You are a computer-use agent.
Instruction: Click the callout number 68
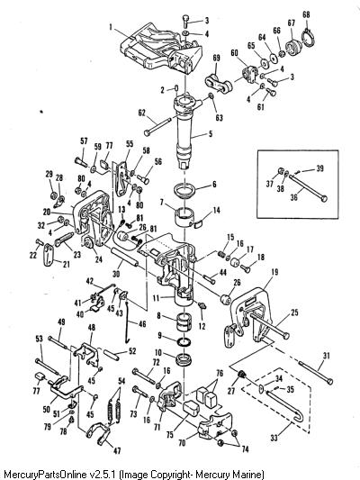(306, 14)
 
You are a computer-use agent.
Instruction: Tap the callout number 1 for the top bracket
(111, 27)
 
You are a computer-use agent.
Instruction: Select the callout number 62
(142, 113)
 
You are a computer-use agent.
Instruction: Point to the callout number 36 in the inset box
(293, 197)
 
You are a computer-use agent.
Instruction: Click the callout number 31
(327, 356)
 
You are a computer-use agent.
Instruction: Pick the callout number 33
(274, 438)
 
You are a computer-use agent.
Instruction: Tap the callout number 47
(117, 450)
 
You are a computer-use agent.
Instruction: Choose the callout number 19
(275, 272)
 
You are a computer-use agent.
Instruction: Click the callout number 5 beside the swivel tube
(211, 134)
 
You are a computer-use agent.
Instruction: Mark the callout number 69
(216, 58)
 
